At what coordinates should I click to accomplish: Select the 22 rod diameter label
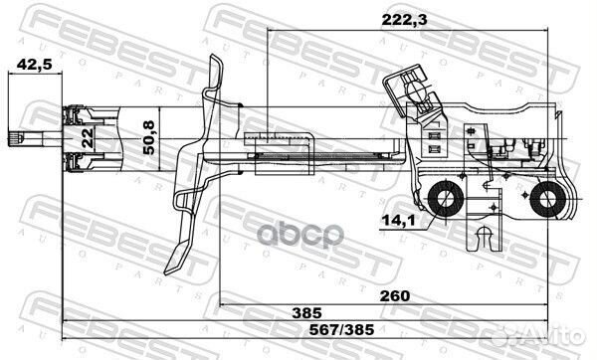point(87,138)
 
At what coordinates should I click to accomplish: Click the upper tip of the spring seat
point(215,62)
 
